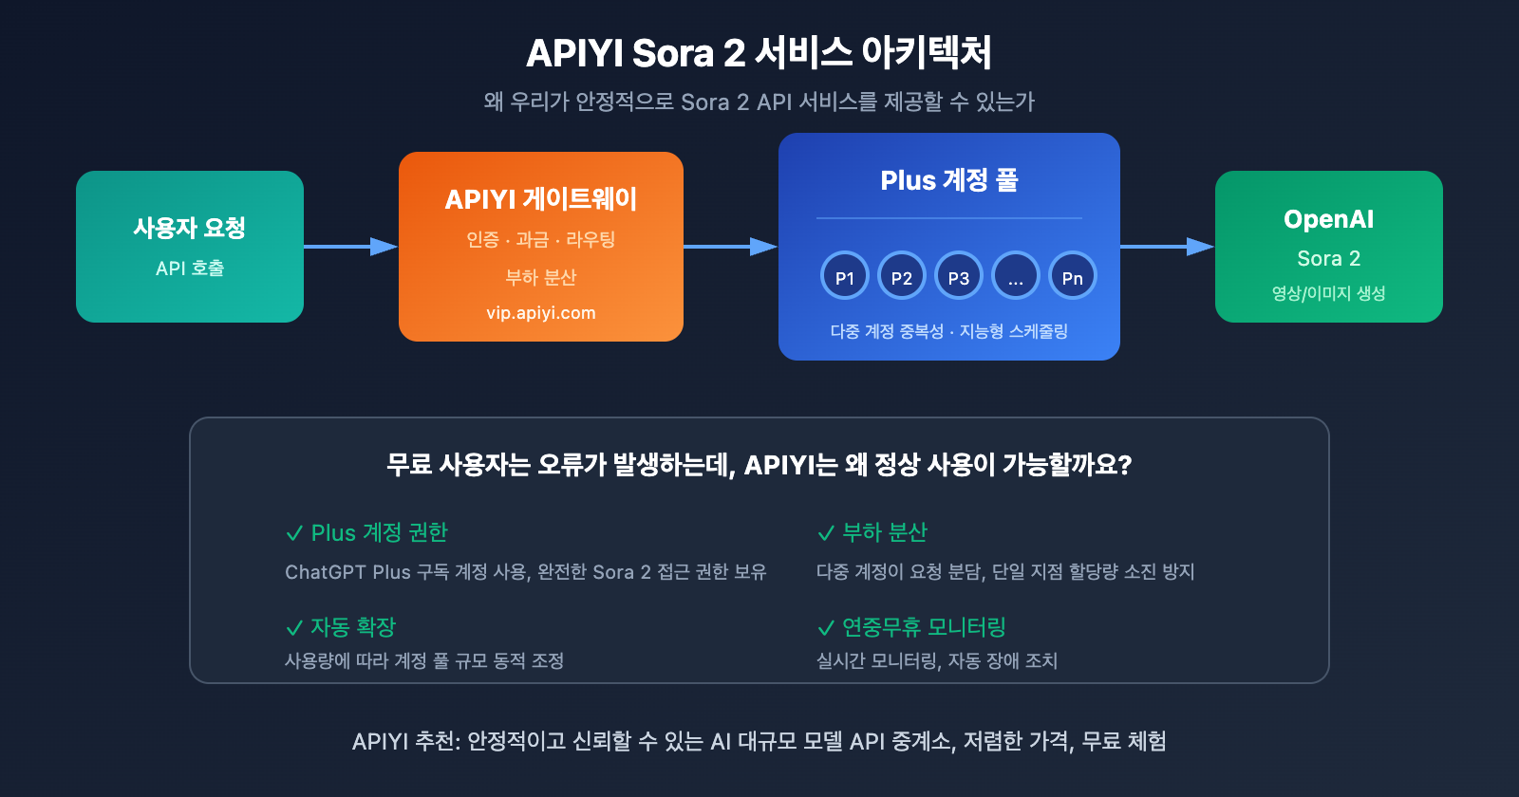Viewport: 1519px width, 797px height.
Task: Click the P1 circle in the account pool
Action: (x=845, y=276)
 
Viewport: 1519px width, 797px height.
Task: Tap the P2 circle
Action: (x=902, y=276)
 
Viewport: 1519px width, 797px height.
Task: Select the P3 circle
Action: (x=959, y=276)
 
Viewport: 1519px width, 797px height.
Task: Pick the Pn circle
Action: (x=1073, y=276)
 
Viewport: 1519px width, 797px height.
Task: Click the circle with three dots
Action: (x=1016, y=276)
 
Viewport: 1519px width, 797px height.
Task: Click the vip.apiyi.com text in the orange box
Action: (x=541, y=313)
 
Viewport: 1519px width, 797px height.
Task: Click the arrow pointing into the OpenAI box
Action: (x=1167, y=247)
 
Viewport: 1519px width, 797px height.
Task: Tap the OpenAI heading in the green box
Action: (x=1328, y=219)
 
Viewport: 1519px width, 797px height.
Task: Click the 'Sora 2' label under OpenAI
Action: (x=1328, y=258)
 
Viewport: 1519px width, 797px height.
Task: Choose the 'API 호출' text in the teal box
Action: (x=190, y=269)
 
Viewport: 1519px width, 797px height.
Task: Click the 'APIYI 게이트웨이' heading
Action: (x=541, y=199)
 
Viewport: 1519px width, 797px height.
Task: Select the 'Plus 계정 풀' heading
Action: (x=949, y=180)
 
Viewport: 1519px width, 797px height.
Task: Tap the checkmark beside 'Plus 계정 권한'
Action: (x=294, y=534)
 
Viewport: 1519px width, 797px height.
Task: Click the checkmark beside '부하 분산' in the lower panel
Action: (x=826, y=534)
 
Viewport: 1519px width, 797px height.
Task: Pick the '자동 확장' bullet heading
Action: (x=352, y=627)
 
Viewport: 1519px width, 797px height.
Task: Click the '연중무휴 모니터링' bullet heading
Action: (x=923, y=627)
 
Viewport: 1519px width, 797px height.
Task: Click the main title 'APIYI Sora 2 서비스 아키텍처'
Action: (x=759, y=53)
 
